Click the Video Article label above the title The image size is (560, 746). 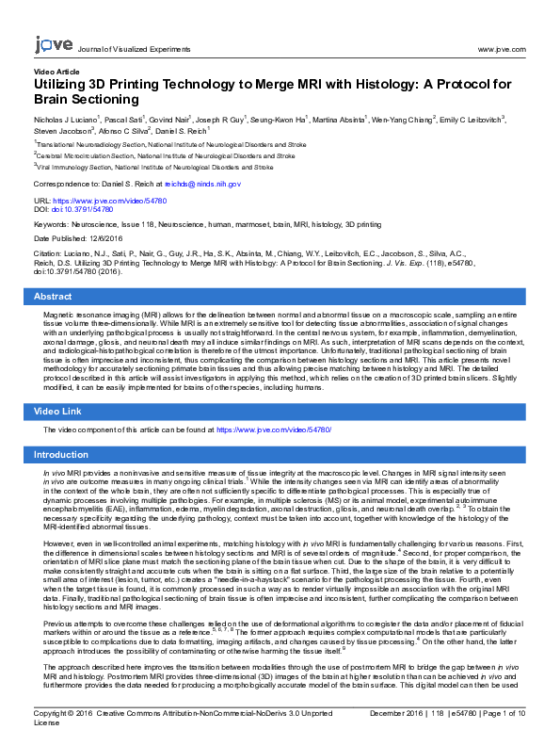pyautogui.click(x=56, y=72)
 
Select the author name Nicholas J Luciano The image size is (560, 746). pyautogui.click(x=71, y=121)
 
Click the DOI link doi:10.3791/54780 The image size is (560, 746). pyautogui.click(x=85, y=210)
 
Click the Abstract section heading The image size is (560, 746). pyautogui.click(x=53, y=296)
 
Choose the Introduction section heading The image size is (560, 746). pyautogui.click(x=60, y=454)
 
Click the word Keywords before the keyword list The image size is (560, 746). pyautogui.click(x=51, y=225)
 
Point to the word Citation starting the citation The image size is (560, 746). pyautogui.click(x=47, y=254)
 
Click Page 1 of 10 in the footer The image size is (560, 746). pyautogui.click(x=509, y=715)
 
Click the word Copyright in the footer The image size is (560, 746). pyautogui.click(x=54, y=715)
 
